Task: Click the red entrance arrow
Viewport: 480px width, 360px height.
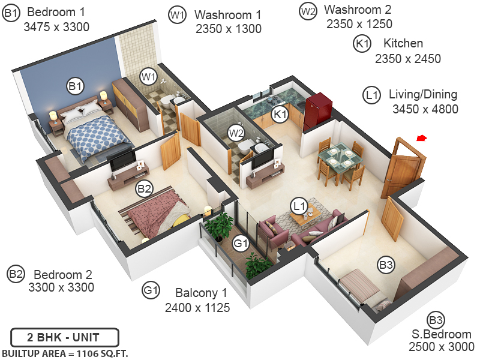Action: (422, 139)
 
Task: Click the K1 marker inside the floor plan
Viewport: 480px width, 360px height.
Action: (280, 113)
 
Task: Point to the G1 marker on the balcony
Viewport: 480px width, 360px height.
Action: (241, 244)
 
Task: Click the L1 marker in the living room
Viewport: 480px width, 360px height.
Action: (299, 206)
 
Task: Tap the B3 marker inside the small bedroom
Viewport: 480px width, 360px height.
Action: (386, 263)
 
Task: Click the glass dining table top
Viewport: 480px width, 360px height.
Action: (340, 157)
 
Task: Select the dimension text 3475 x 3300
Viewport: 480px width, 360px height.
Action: (56, 27)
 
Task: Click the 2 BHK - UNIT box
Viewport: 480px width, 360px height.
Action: (65, 337)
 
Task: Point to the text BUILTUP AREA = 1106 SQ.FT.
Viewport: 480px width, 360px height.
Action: (65, 353)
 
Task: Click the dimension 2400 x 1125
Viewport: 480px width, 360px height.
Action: (197, 308)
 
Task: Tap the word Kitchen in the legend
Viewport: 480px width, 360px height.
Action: (403, 43)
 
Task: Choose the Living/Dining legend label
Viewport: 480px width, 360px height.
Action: (423, 94)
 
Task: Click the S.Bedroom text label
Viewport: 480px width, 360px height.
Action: (441, 334)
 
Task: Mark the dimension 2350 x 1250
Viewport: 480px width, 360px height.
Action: (359, 25)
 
